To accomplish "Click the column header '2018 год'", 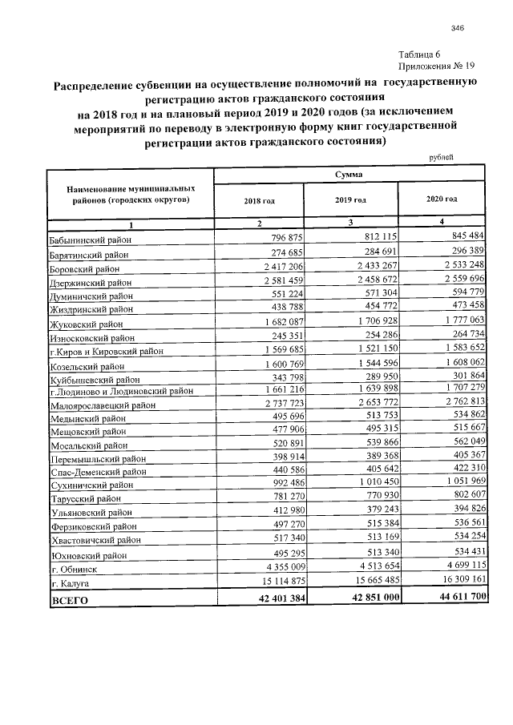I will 259,200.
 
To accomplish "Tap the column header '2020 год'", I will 442,198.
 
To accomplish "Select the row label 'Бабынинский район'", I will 91,240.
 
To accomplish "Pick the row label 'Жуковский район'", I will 87,324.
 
